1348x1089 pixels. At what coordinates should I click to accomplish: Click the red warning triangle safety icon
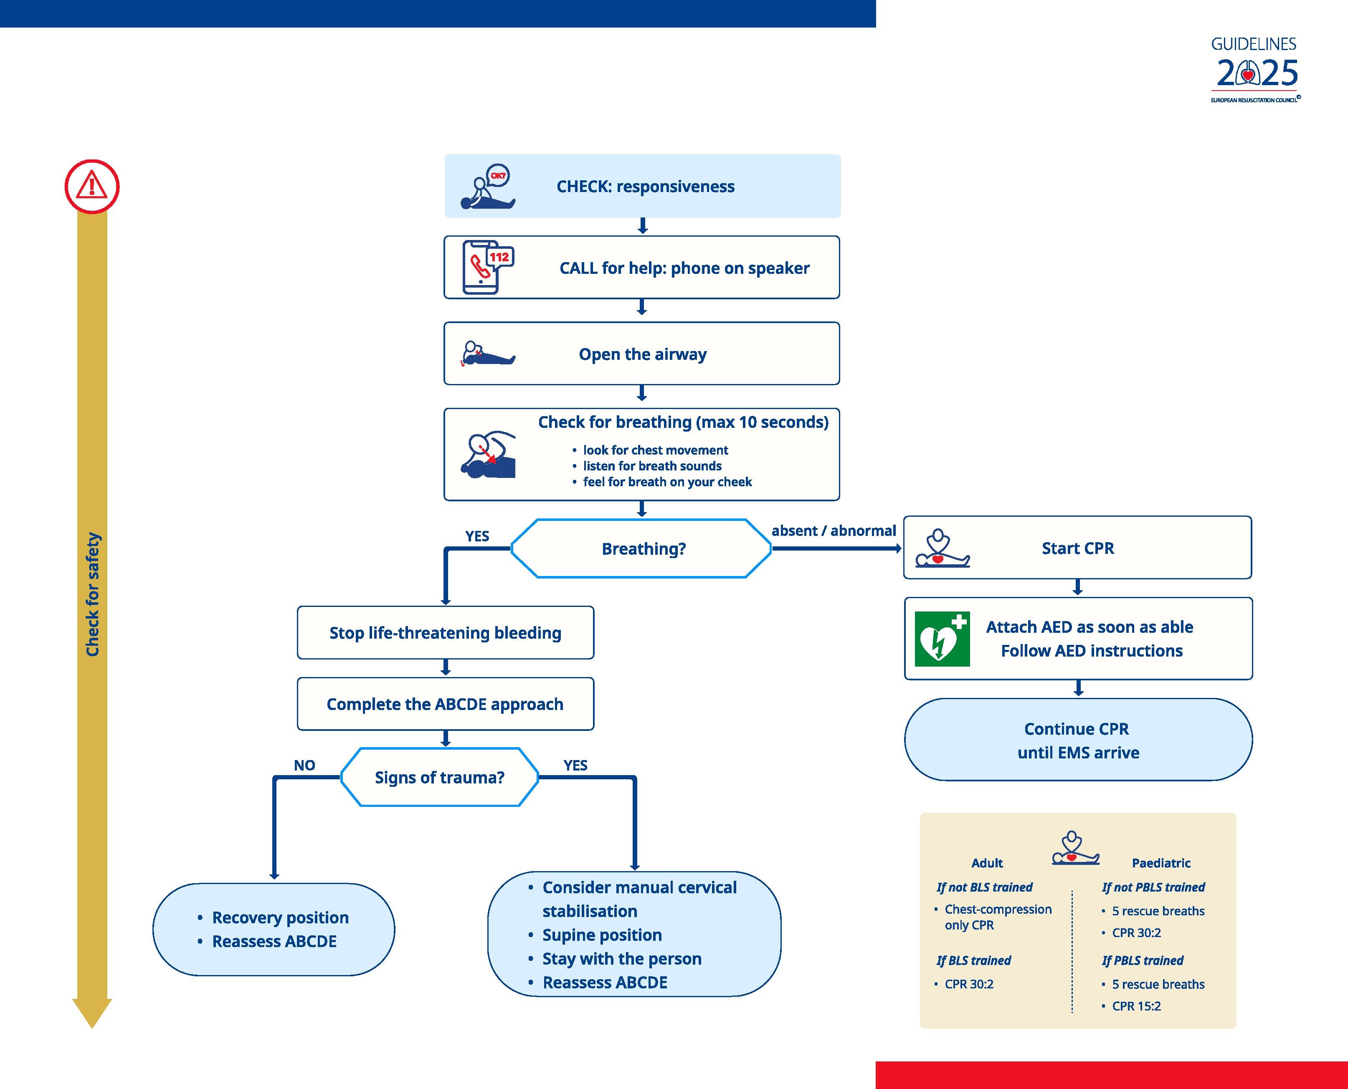click(92, 186)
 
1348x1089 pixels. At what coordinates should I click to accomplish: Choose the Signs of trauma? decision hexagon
click(439, 777)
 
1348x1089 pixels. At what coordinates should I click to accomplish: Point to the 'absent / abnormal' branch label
click(834, 531)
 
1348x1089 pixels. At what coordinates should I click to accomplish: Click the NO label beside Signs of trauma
click(304, 766)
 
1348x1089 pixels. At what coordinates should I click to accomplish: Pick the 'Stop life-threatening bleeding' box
click(445, 632)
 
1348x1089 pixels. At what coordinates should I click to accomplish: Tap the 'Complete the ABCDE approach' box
click(445, 704)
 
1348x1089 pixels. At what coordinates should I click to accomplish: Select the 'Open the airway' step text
click(643, 354)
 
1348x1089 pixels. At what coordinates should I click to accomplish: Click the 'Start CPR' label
click(1077, 548)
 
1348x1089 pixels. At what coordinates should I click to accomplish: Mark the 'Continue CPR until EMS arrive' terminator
click(1077, 740)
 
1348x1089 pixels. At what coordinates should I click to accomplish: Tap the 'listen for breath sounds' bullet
click(652, 466)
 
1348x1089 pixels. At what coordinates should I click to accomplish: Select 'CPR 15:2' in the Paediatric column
click(1136, 1006)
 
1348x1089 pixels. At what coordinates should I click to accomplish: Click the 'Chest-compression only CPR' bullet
click(998, 917)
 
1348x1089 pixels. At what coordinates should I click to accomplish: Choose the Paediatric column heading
click(1161, 863)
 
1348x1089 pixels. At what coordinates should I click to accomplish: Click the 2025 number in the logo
click(1257, 74)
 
